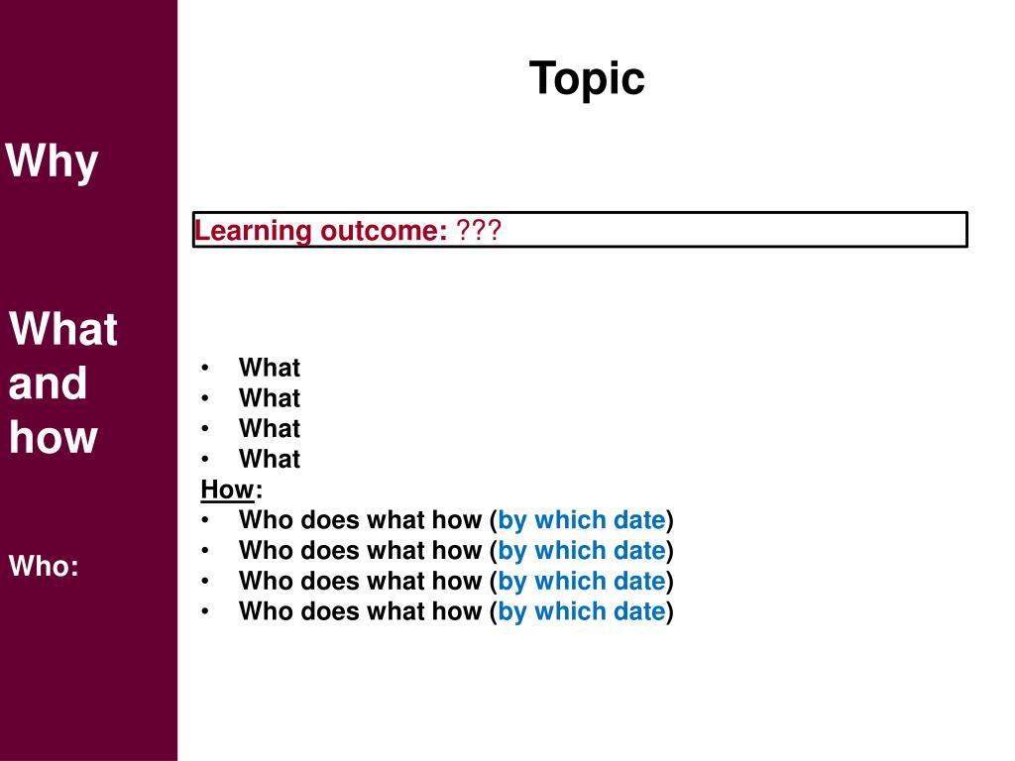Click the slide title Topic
click(x=587, y=78)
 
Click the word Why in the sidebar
click(x=53, y=162)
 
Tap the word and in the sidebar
click(x=48, y=383)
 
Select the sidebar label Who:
click(x=44, y=567)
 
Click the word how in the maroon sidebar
click(x=54, y=437)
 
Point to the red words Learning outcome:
click(x=321, y=231)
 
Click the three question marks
click(x=479, y=231)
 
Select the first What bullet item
click(x=269, y=368)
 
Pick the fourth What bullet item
click(x=269, y=459)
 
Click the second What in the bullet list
click(x=269, y=398)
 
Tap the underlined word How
click(x=227, y=489)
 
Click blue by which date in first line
click(x=581, y=520)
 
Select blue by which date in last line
click(x=581, y=611)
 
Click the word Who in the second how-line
click(x=266, y=551)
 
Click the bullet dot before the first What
click(x=204, y=368)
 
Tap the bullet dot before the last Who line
click(x=204, y=611)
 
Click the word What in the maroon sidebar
click(x=63, y=329)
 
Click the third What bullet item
click(x=269, y=429)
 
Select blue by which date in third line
click(x=581, y=581)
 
